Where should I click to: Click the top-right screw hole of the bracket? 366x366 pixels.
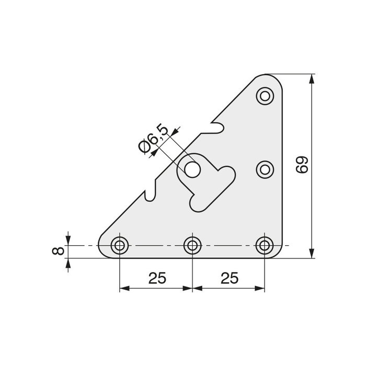[x=266, y=95]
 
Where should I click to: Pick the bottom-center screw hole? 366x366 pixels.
[x=193, y=244]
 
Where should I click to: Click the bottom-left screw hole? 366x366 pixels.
[x=120, y=244]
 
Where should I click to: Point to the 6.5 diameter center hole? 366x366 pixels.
[x=192, y=169]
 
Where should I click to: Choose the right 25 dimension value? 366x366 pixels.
[x=229, y=278]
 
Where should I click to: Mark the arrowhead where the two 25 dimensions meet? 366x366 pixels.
[x=193, y=288]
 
